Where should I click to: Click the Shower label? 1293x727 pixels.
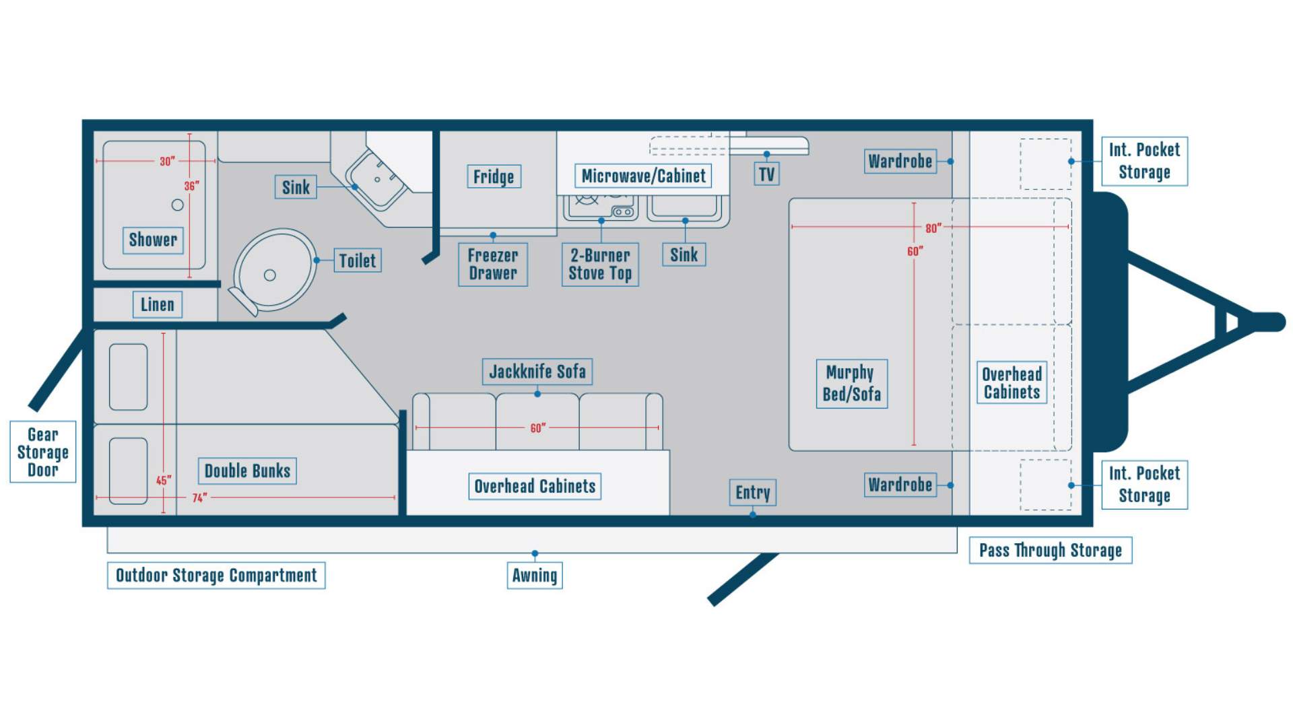click(x=153, y=240)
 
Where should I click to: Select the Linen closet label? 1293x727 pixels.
click(x=157, y=305)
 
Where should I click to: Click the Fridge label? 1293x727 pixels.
click(x=494, y=176)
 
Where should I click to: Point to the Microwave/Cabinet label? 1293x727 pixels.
click(x=643, y=176)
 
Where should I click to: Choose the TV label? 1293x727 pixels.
click(x=766, y=174)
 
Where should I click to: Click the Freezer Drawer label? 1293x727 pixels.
click(x=493, y=265)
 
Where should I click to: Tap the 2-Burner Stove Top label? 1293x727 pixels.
click(x=600, y=265)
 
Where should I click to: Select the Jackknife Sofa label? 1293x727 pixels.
click(x=537, y=372)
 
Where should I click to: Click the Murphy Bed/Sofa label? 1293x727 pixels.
click(x=852, y=384)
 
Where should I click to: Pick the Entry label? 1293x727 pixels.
click(x=752, y=493)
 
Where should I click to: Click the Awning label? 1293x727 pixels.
click(x=535, y=576)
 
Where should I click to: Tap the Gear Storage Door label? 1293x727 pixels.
click(x=43, y=452)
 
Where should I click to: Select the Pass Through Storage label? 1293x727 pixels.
click(x=1051, y=551)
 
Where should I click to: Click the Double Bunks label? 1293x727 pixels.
click(x=247, y=471)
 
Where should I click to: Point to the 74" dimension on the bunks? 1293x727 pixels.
click(x=199, y=498)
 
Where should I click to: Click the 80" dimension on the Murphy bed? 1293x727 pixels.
click(x=933, y=228)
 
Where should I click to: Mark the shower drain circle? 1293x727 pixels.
click(x=178, y=205)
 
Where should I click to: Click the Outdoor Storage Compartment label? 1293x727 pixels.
click(x=216, y=576)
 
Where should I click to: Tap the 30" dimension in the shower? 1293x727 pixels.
click(x=167, y=162)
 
